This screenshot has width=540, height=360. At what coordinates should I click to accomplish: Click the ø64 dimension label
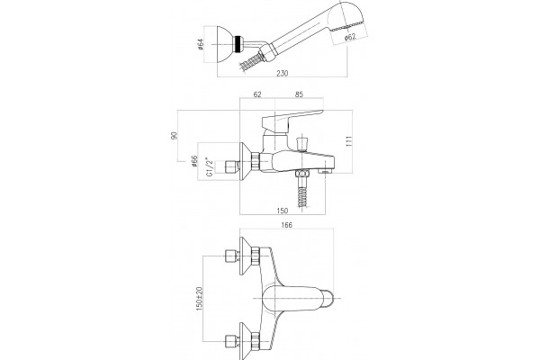coord(201,44)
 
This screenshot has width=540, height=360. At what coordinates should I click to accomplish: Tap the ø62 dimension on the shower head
coord(350,37)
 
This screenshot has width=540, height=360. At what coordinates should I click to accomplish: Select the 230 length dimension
coord(282,73)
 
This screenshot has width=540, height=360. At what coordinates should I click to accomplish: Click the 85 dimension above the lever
coord(300,94)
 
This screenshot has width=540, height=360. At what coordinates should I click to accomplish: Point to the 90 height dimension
coord(174,135)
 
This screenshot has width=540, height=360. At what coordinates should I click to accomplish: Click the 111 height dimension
coord(349,141)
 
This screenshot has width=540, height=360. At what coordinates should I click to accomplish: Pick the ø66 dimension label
coord(194,161)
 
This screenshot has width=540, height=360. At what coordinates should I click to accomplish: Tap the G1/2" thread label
coord(209,166)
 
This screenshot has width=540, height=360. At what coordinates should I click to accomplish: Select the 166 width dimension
coord(286,225)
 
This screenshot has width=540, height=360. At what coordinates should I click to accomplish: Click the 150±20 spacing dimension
coord(200,298)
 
